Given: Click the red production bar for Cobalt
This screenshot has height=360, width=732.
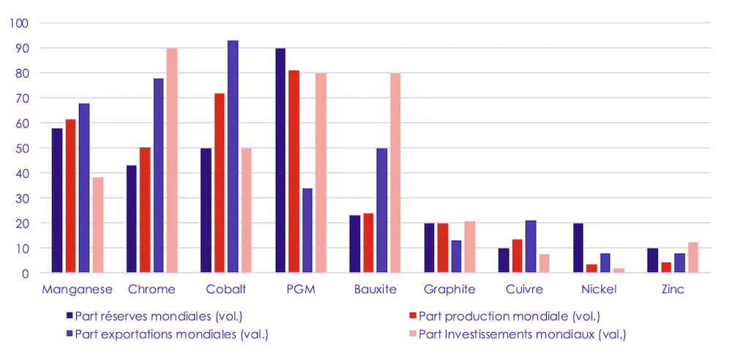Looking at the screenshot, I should click(x=220, y=183).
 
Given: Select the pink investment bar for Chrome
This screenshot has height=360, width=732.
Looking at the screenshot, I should click(x=173, y=161).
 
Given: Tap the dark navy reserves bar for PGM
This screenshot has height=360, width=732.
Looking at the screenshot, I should click(x=280, y=161).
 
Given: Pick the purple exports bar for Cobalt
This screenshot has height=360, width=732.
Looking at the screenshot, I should click(x=233, y=157).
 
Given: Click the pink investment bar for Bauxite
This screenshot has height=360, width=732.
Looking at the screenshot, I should click(x=395, y=173).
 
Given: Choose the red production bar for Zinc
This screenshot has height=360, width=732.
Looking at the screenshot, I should click(x=666, y=268).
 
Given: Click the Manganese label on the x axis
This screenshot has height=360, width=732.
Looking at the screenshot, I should click(x=77, y=290).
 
